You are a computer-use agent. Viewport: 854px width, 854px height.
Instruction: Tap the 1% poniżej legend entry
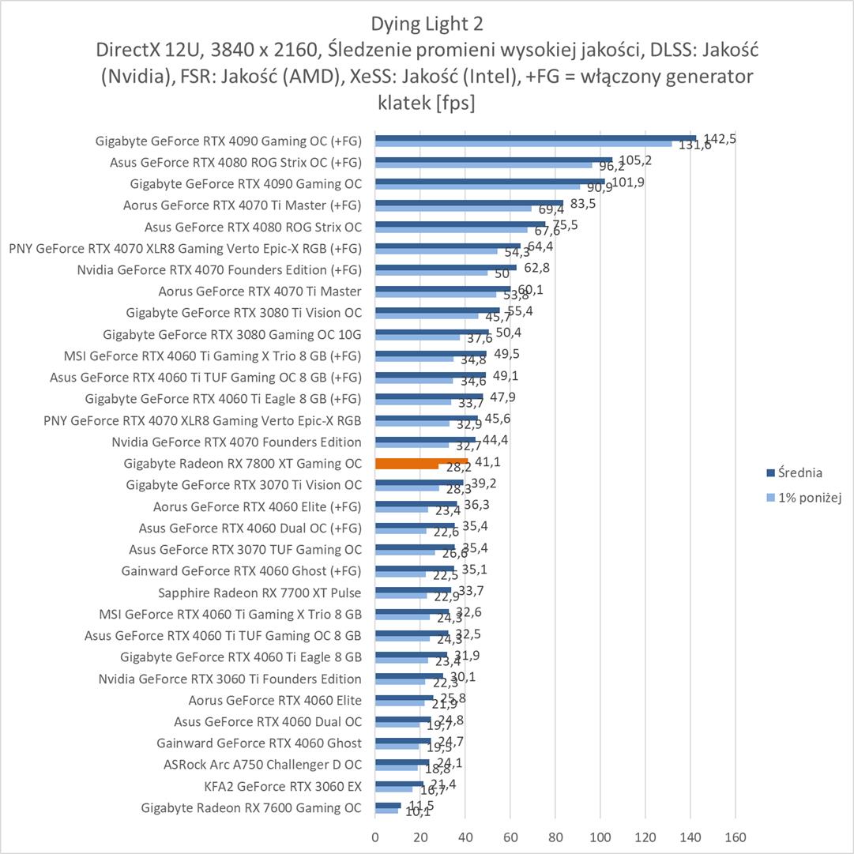click(x=799, y=497)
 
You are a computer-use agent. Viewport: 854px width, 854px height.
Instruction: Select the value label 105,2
click(x=635, y=160)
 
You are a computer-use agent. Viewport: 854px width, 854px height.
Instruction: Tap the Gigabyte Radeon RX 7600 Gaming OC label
click(x=251, y=807)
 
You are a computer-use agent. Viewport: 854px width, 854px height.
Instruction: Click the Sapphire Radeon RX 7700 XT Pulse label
click(x=260, y=592)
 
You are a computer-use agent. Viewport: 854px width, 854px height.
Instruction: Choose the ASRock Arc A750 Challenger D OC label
click(x=262, y=765)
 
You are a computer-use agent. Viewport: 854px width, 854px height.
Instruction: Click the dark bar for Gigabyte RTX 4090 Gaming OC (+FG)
click(x=536, y=137)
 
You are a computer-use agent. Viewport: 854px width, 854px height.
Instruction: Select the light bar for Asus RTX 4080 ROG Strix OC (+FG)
click(x=483, y=165)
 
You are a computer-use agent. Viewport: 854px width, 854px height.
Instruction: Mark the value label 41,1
click(x=487, y=462)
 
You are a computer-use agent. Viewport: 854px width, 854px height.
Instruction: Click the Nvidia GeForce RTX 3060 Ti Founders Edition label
click(x=230, y=679)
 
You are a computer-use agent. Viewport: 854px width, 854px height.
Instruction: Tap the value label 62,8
click(x=536, y=268)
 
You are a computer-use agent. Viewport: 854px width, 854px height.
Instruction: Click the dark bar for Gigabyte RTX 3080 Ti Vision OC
click(x=437, y=310)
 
